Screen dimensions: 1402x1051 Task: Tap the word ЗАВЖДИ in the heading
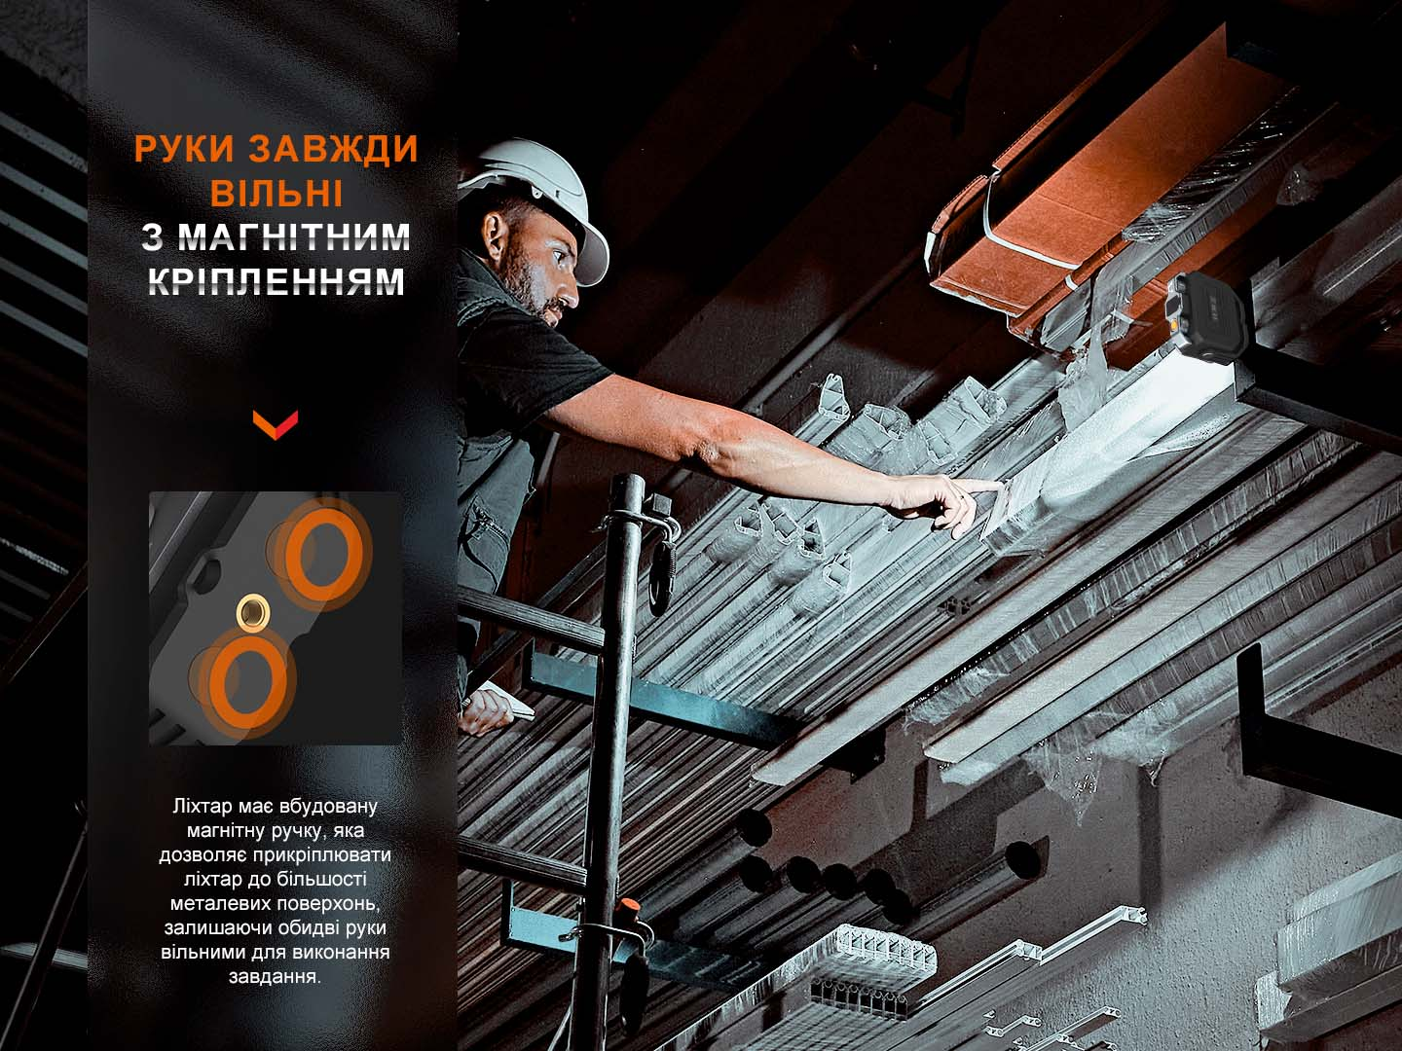click(x=333, y=149)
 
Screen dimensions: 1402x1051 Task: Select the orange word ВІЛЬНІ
click(x=277, y=193)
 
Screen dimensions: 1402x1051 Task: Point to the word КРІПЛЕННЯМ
click(x=277, y=281)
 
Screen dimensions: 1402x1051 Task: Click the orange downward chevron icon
click(x=276, y=423)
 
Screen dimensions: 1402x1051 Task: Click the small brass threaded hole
click(x=253, y=612)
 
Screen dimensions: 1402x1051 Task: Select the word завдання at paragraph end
click(x=275, y=976)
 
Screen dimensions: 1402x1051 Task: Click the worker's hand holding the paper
click(x=486, y=709)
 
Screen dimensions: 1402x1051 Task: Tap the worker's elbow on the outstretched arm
click(x=706, y=447)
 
